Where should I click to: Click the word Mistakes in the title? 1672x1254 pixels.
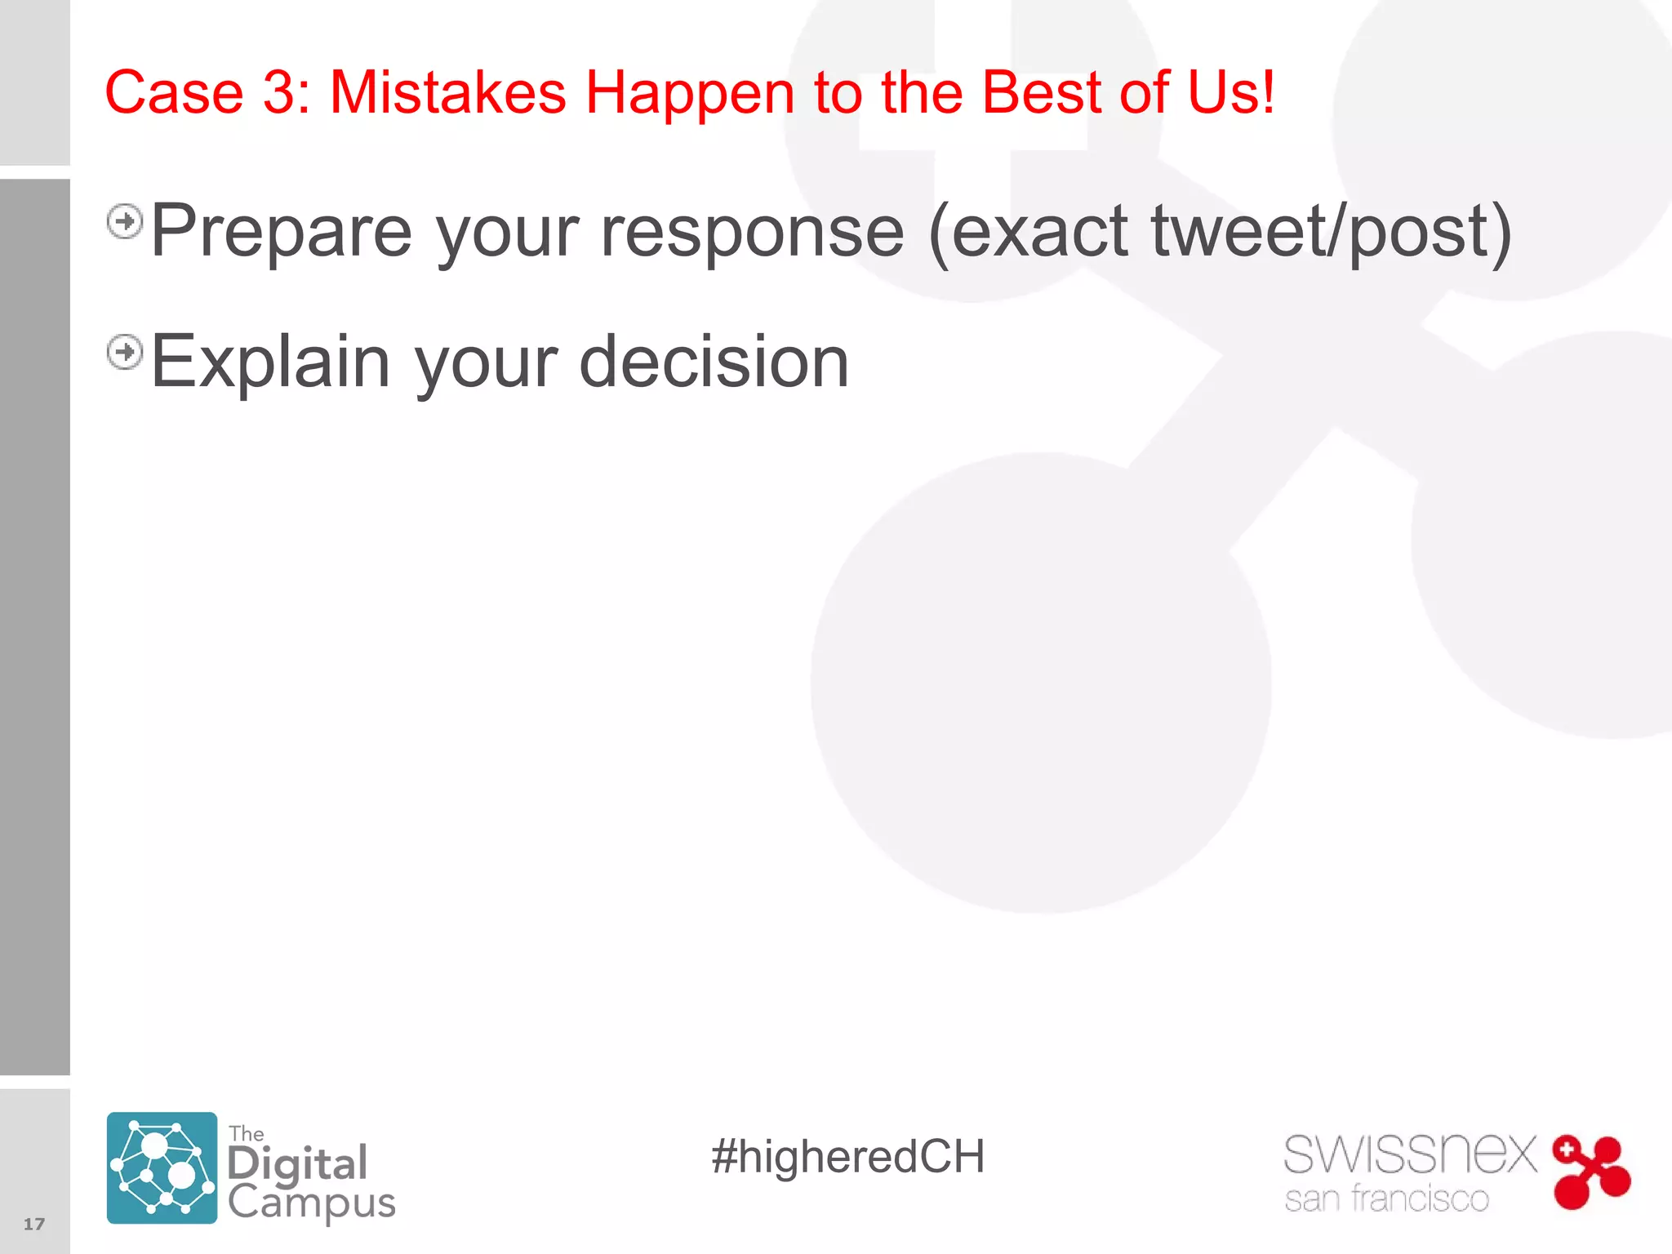447,92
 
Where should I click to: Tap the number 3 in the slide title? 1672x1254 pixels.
278,92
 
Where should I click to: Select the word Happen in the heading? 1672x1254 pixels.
689,92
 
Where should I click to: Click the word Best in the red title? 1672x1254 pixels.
1041,92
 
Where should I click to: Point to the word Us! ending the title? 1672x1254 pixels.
1230,92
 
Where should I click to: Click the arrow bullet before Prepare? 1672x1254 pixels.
125,221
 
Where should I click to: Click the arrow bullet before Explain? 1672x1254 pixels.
125,353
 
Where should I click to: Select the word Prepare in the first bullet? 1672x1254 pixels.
282,233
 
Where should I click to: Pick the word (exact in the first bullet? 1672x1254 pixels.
1029,233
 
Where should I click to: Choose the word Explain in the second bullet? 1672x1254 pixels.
270,362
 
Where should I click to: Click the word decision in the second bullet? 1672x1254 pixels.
714,362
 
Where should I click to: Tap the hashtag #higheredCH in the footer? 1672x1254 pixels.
847,1157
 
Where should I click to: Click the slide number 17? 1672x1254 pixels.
34,1224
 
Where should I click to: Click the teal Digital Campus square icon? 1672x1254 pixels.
162,1167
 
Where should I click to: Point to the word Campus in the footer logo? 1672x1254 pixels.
311,1203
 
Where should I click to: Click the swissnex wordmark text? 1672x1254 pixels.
1410,1154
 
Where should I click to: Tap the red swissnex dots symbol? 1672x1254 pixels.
1590,1172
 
